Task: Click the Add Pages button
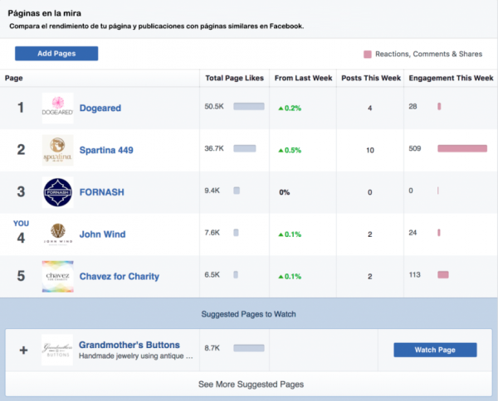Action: (x=56, y=53)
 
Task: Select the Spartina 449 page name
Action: (x=106, y=150)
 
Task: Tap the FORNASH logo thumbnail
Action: (x=57, y=192)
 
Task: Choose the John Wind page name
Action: (x=102, y=234)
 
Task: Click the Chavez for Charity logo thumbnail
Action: (x=57, y=276)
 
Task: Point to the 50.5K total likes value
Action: (x=214, y=107)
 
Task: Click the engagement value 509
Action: (x=416, y=149)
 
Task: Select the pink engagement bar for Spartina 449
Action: (x=461, y=149)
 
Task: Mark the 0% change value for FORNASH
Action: (x=284, y=192)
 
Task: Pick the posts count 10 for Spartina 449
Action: (x=369, y=150)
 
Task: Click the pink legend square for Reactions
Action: (x=367, y=54)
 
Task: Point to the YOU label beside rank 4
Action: (x=21, y=223)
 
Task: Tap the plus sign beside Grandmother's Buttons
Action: (x=23, y=350)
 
